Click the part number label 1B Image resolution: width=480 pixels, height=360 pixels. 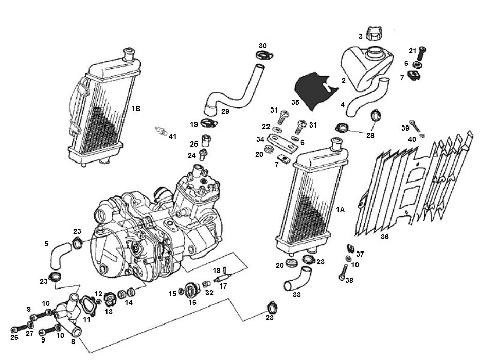tap(136, 109)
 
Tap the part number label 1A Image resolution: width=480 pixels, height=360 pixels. tap(340, 209)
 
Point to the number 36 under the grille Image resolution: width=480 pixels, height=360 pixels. tap(385, 238)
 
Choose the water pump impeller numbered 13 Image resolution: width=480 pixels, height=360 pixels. tap(109, 298)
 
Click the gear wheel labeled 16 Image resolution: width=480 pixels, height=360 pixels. tap(192, 291)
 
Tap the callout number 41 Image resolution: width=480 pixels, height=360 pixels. tap(172, 136)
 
